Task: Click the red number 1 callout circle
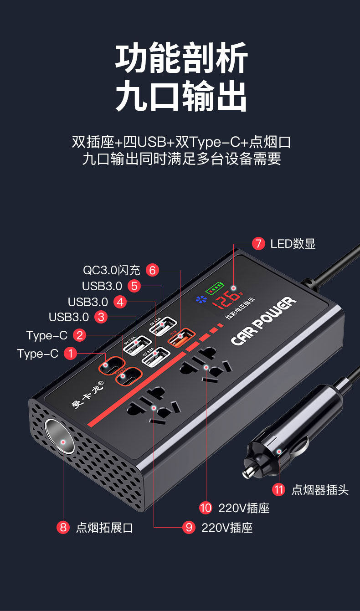[x=70, y=354]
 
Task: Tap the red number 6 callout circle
[x=152, y=270]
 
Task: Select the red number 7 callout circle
[x=258, y=244]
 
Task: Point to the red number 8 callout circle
[x=63, y=528]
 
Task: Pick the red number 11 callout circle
[x=278, y=490]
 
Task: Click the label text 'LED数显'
[x=293, y=244]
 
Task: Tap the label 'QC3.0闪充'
[x=111, y=270]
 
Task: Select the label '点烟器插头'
[x=320, y=490]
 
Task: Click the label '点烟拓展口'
[x=104, y=528]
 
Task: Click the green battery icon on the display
[x=215, y=288]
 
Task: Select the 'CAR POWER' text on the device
[x=263, y=321]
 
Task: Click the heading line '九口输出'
[x=180, y=96]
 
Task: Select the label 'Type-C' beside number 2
[x=47, y=335]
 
